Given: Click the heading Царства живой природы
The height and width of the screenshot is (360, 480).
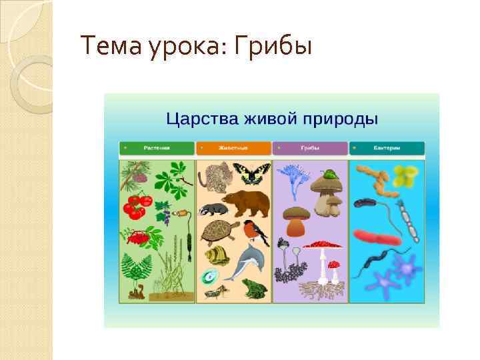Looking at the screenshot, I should tap(272, 119).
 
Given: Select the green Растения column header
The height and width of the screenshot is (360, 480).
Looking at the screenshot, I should tap(157, 148).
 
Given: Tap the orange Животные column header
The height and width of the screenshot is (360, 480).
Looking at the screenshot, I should tap(233, 148).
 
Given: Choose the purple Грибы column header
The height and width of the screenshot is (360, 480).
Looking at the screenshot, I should tap(310, 148).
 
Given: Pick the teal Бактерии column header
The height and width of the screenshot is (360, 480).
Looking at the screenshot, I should tap(387, 148).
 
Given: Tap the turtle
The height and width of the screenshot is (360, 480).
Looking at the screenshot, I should tap(220, 232).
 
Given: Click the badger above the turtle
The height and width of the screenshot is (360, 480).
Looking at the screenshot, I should tap(213, 209).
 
